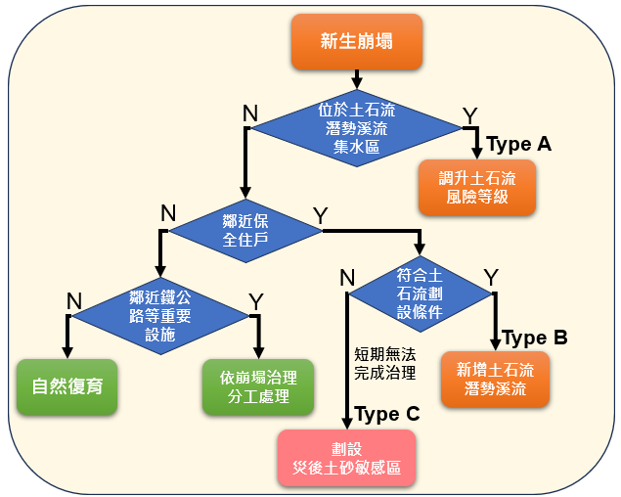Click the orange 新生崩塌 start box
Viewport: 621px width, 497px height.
[x=356, y=41]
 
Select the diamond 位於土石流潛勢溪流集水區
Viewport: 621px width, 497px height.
[x=356, y=128]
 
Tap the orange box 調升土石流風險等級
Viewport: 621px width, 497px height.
[x=477, y=187]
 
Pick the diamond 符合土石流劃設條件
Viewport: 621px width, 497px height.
[x=421, y=293]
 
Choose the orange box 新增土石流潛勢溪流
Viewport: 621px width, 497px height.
[x=495, y=379]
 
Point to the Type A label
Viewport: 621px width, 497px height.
[x=518, y=144]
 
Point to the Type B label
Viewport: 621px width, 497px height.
[x=534, y=338]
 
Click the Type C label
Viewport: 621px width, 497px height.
[x=386, y=414]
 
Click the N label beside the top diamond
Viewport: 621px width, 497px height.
[x=249, y=113]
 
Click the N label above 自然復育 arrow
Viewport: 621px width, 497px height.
[x=73, y=299]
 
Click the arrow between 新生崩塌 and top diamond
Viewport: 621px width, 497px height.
[x=356, y=77]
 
